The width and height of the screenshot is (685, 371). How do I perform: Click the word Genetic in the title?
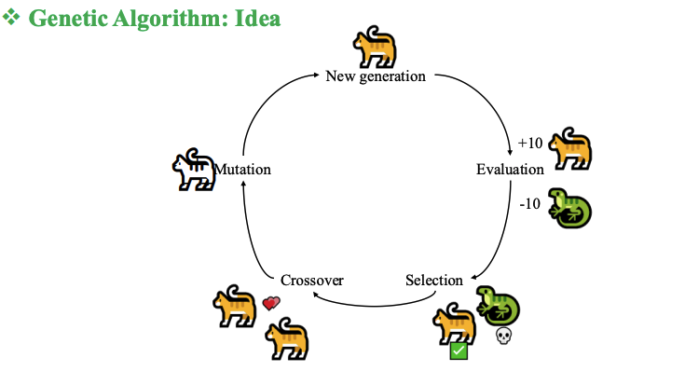point(71,19)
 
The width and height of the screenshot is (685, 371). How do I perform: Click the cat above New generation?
point(375,47)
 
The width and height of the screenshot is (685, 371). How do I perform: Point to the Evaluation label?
point(510,170)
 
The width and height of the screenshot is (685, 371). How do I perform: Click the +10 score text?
point(530,143)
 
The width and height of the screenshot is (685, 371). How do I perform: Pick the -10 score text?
point(530,205)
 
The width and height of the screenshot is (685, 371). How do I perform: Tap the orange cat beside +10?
point(571,149)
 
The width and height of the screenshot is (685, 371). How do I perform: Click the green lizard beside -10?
point(569,206)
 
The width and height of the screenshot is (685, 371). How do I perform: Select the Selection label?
point(434,280)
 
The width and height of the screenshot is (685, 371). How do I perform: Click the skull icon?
point(502,335)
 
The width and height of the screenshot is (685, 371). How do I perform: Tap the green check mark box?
point(459,351)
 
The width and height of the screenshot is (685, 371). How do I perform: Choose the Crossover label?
point(312,280)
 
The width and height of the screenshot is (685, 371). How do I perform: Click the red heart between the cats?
point(271,303)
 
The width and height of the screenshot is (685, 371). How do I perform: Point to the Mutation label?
point(243,170)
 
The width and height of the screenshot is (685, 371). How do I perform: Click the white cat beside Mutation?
point(193,170)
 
